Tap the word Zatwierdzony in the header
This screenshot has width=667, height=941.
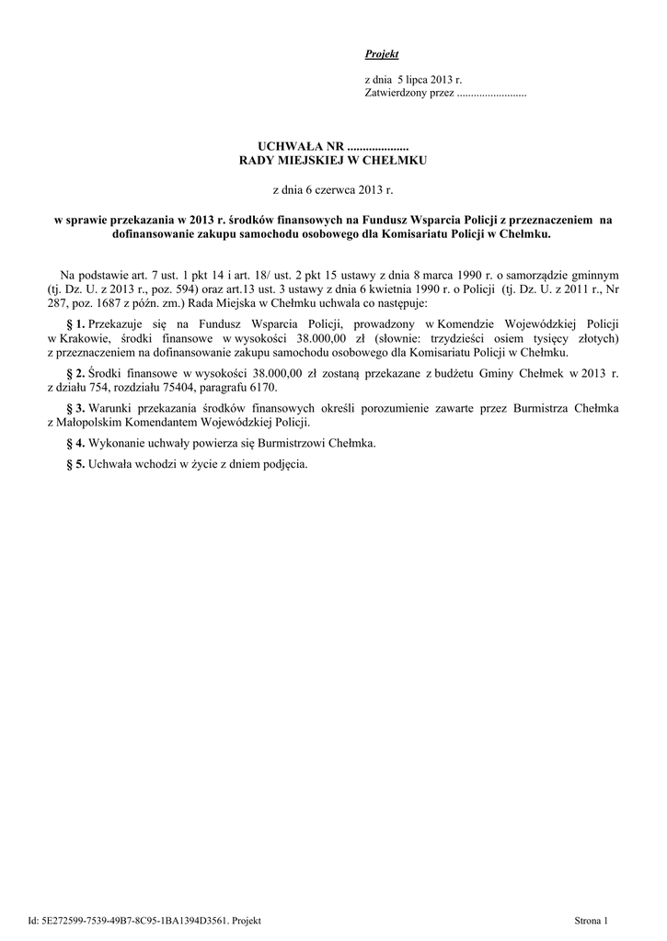(x=395, y=95)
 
